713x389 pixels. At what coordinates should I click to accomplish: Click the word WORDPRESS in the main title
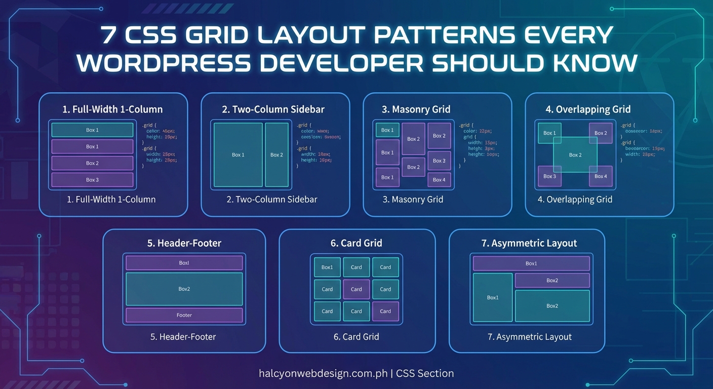point(164,63)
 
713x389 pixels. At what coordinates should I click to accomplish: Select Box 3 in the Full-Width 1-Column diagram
point(92,180)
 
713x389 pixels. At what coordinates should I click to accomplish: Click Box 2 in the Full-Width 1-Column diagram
point(92,163)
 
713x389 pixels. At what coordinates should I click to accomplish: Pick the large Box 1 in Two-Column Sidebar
point(238,154)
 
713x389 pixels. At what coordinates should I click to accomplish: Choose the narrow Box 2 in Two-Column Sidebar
point(276,154)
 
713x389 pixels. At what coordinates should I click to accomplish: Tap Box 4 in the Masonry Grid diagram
point(439,179)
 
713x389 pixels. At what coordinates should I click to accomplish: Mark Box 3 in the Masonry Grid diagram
point(439,161)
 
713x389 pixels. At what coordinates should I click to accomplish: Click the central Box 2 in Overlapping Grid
point(575,155)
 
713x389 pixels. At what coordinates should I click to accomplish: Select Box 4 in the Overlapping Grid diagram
point(601,176)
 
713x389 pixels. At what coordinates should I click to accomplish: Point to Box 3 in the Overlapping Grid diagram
point(549,176)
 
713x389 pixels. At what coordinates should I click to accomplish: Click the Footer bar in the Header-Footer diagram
point(184,315)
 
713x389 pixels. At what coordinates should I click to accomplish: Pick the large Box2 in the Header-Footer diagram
point(184,289)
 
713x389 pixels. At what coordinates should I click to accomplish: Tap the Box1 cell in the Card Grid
point(327,267)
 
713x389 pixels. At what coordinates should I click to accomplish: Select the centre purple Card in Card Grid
point(356,289)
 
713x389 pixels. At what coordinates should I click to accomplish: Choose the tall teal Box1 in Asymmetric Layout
point(493,297)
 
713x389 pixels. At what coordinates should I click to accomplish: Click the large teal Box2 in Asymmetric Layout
point(552,306)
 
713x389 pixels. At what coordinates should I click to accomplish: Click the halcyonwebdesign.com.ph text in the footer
point(323,374)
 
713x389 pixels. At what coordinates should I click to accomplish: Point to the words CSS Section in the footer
point(425,374)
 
